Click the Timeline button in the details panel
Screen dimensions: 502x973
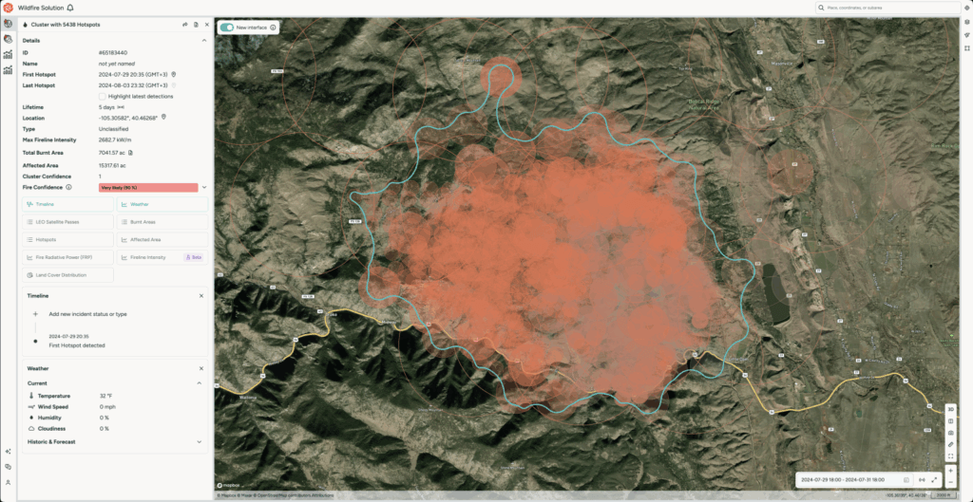coord(68,204)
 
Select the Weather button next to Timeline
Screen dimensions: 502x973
coord(162,204)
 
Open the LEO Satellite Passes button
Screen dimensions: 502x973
coord(68,222)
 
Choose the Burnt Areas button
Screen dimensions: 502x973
coord(162,222)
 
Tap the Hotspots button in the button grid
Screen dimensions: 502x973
coord(68,240)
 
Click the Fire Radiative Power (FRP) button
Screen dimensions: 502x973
coord(68,257)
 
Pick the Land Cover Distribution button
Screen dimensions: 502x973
coord(68,275)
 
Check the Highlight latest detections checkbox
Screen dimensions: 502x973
coord(103,96)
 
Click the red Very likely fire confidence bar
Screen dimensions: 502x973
coord(147,187)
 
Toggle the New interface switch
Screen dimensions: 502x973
coord(227,28)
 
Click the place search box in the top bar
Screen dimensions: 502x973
coord(888,8)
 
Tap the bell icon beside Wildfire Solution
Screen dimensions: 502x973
coord(70,8)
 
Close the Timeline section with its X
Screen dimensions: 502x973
coord(201,296)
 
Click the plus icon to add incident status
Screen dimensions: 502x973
coord(36,313)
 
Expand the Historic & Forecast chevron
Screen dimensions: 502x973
coord(200,441)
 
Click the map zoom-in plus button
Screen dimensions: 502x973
coord(951,470)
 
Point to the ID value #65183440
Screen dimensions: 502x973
coord(114,51)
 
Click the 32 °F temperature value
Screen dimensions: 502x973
coord(105,395)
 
